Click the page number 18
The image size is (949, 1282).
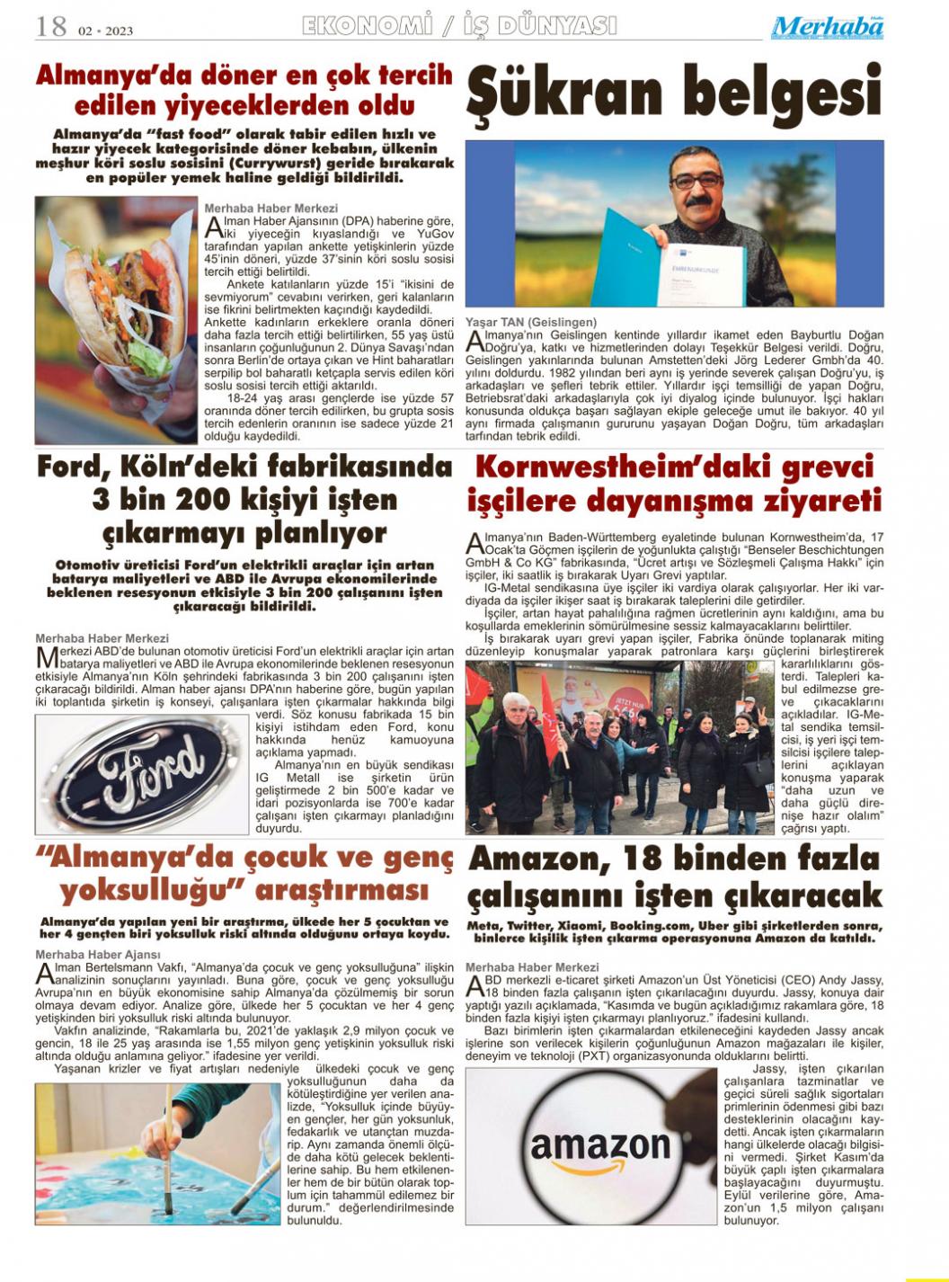coord(51,27)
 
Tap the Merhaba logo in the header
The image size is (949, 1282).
coord(827,28)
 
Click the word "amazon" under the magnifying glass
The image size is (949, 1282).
coord(599,1144)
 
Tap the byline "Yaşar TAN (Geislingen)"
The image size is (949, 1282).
coord(530,322)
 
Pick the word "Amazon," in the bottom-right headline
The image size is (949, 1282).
coord(542,859)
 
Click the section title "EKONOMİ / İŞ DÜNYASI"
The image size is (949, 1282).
coord(459,26)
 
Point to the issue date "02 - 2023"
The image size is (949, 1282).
coord(105,31)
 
